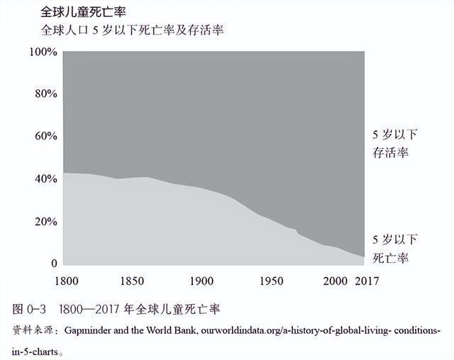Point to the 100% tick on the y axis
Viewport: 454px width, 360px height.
(x=43, y=52)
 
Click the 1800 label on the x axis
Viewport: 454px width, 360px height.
(x=64, y=281)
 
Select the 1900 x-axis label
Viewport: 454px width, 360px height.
(x=202, y=281)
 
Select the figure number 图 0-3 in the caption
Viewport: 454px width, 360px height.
(x=31, y=310)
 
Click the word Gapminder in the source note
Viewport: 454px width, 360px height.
(x=90, y=331)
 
